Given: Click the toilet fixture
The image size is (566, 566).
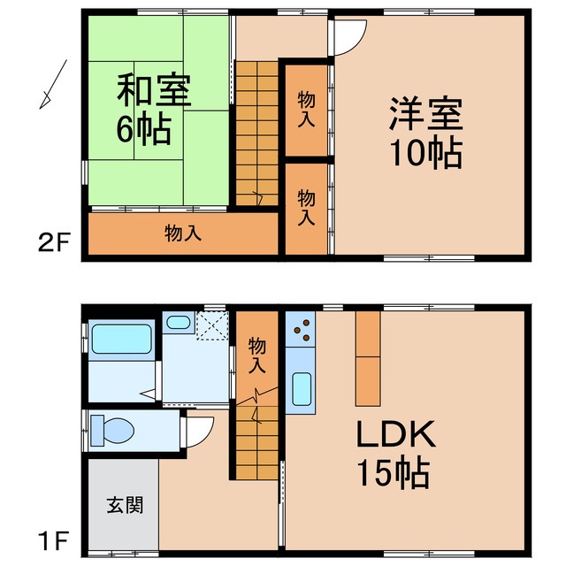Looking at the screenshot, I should [x=112, y=431].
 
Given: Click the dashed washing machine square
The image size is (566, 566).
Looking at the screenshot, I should [x=211, y=325].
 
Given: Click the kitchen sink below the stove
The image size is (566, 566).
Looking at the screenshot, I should [x=301, y=389].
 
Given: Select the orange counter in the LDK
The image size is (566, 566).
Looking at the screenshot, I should [x=368, y=355].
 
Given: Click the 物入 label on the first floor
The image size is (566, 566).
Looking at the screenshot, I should [x=257, y=353].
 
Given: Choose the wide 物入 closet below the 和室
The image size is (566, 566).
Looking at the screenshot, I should [x=183, y=234].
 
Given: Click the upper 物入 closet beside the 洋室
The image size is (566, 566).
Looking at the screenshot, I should [x=305, y=110].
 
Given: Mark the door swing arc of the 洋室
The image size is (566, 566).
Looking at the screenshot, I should [x=350, y=37].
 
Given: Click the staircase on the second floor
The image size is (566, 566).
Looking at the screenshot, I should [x=256, y=133].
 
